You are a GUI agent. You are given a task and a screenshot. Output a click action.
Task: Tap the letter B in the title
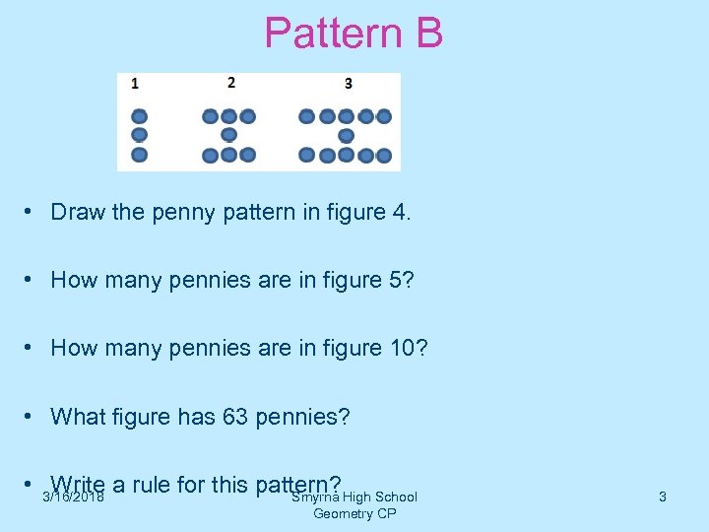pyautogui.click(x=428, y=33)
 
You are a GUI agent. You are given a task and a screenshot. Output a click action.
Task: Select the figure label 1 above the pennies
pyautogui.click(x=135, y=84)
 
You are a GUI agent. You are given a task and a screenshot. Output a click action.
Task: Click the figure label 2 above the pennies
pyautogui.click(x=230, y=82)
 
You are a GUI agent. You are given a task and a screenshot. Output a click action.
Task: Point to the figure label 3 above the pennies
pyautogui.click(x=349, y=84)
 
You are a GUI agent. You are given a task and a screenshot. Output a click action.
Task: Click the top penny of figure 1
pyautogui.click(x=139, y=115)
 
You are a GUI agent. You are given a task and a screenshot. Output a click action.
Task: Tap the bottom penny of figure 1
pyautogui.click(x=139, y=155)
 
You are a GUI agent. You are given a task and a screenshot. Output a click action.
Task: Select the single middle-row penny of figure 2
pyautogui.click(x=228, y=135)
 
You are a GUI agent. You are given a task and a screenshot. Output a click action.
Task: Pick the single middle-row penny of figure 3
pyautogui.click(x=346, y=135)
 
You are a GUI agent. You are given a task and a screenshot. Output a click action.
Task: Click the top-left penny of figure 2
pyautogui.click(x=210, y=116)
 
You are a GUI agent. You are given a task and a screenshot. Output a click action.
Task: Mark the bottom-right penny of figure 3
pyautogui.click(x=384, y=155)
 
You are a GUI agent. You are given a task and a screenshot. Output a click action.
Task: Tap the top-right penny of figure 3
pyautogui.click(x=384, y=116)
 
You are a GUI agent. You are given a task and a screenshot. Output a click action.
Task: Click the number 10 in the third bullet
pyautogui.click(x=409, y=348)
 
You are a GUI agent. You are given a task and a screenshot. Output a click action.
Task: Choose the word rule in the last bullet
pyautogui.click(x=153, y=485)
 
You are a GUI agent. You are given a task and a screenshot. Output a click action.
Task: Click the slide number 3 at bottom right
pyautogui.click(x=662, y=498)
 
